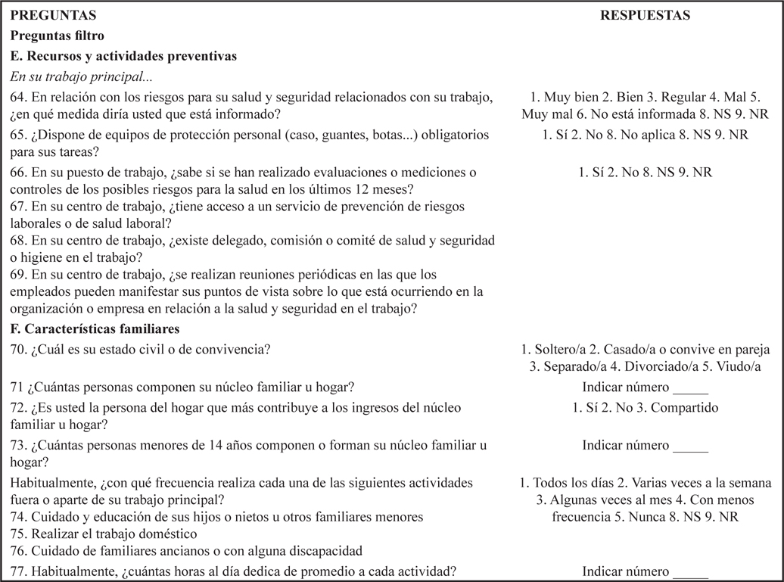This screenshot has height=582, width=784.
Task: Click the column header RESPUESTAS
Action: click(x=645, y=15)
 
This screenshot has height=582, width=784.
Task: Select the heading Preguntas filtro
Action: click(x=58, y=36)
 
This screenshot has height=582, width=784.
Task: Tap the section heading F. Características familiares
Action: click(x=94, y=329)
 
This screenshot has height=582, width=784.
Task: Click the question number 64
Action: click(x=19, y=98)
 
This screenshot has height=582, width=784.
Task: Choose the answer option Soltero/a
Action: click(x=563, y=350)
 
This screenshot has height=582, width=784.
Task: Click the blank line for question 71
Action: click(x=689, y=388)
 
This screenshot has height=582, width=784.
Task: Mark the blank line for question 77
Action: click(x=689, y=572)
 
